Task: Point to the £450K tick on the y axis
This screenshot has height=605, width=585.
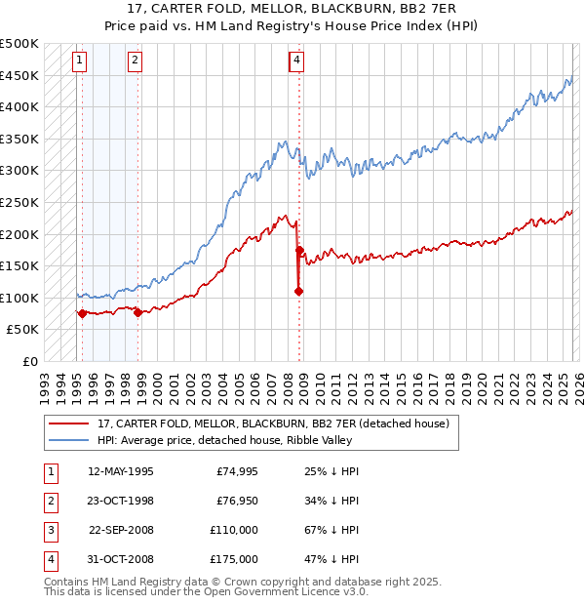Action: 19,75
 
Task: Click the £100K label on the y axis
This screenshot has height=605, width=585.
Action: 19,298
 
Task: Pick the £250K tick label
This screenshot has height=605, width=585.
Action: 19,202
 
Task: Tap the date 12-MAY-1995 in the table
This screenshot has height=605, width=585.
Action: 120,471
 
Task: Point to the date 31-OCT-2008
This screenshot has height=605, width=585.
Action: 120,559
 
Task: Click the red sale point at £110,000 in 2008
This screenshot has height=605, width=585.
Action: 298,291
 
